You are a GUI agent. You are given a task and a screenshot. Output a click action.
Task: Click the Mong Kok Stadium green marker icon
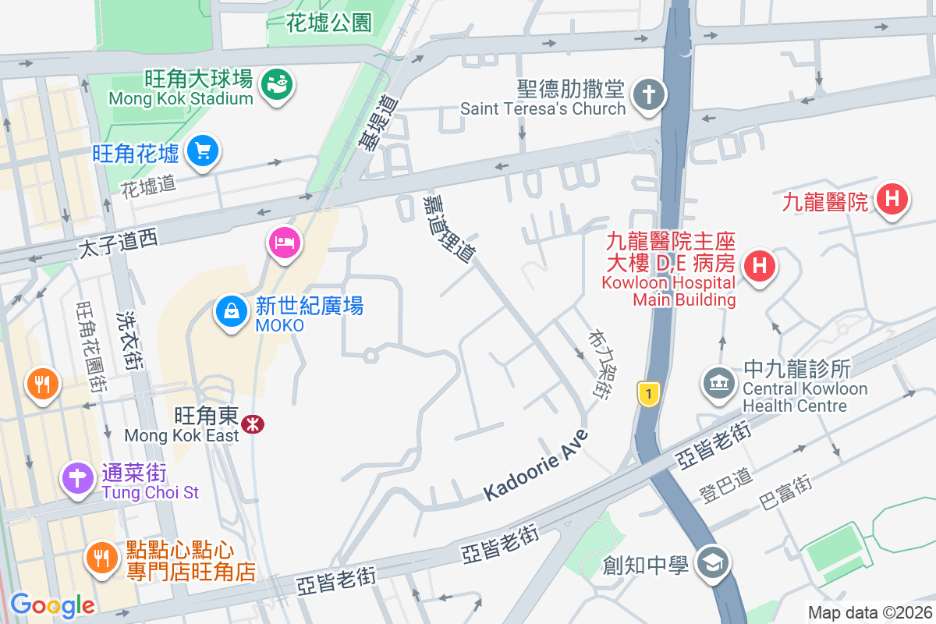[276, 83]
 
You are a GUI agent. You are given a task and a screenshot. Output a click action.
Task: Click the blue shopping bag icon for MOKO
[232, 311]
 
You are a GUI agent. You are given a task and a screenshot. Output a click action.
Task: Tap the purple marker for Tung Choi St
[78, 477]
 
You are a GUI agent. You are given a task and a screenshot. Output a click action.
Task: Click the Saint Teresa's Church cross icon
[647, 95]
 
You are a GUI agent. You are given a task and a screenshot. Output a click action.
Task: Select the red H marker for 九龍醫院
[892, 199]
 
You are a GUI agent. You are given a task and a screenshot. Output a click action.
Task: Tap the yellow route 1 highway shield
[647, 393]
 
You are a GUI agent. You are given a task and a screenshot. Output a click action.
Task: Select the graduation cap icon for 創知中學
[713, 562]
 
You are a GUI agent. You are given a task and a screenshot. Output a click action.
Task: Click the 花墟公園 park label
[328, 24]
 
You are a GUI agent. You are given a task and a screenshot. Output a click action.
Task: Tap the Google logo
[52, 604]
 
